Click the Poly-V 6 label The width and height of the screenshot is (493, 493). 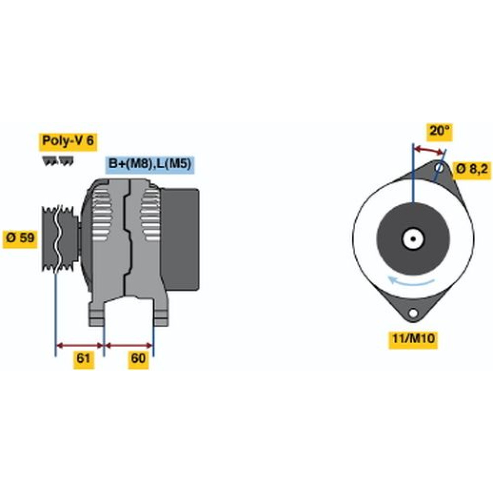click(x=68, y=141)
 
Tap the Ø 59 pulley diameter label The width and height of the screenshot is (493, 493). click(x=20, y=238)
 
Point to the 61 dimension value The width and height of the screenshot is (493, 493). click(x=83, y=358)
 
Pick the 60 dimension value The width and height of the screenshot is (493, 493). click(x=139, y=358)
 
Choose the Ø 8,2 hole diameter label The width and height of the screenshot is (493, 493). click(x=471, y=169)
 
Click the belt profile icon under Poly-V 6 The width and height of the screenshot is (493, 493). click(x=58, y=161)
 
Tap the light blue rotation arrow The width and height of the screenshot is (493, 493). click(x=412, y=282)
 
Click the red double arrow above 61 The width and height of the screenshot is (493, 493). click(x=80, y=345)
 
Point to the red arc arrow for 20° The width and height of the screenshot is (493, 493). click(x=429, y=150)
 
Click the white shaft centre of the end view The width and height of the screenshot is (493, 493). click(x=413, y=239)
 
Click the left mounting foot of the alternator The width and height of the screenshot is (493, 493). click(x=97, y=316)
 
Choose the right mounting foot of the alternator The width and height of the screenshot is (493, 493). click(x=161, y=316)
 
